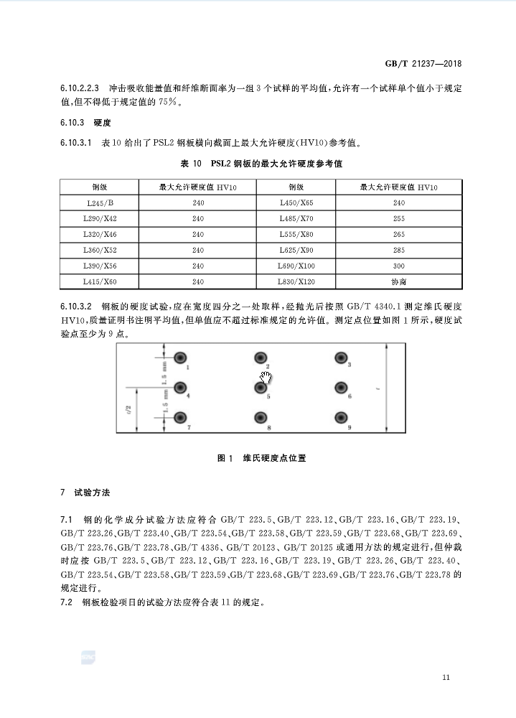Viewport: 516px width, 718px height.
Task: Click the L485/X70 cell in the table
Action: click(296, 218)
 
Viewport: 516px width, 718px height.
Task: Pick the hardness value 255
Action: click(399, 218)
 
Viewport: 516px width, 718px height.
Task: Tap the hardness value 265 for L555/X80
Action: click(399, 234)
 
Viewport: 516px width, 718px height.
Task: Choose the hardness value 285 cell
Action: click(399, 250)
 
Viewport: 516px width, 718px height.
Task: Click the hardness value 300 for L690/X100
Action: click(399, 266)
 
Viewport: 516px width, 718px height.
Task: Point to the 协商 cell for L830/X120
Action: click(399, 282)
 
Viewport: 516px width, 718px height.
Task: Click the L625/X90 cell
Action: click(296, 250)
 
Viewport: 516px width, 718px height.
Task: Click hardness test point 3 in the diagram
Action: click(342, 358)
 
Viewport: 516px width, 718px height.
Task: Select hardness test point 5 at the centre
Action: click(260, 388)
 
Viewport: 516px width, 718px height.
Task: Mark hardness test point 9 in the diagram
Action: click(342, 418)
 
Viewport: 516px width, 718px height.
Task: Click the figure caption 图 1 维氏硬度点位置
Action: click(261, 457)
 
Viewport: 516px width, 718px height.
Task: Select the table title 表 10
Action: click(261, 164)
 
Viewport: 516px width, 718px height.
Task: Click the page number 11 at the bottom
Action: click(446, 677)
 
